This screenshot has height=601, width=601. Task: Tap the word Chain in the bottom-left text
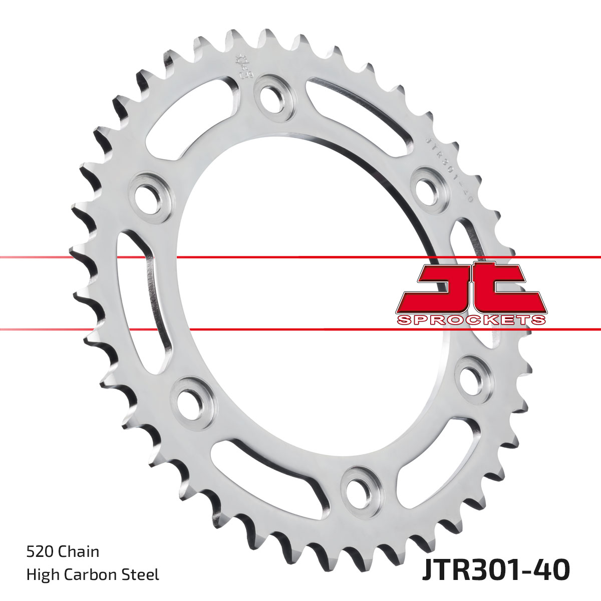(79, 552)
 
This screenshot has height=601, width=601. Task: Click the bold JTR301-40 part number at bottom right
(496, 570)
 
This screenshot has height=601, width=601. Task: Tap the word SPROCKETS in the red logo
(471, 320)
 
